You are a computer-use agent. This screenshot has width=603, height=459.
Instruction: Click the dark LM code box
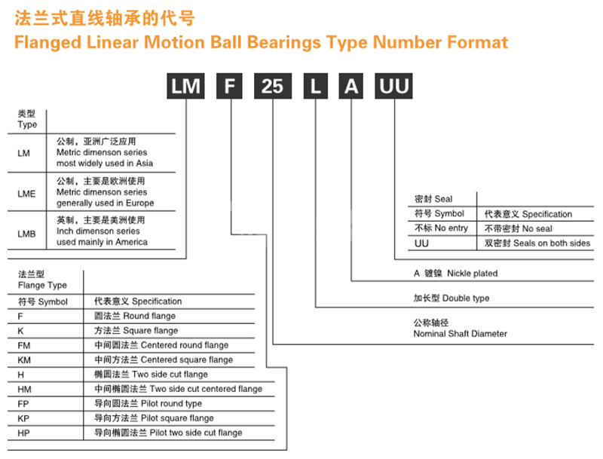[185, 86]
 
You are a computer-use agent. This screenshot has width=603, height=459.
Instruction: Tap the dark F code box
[230, 86]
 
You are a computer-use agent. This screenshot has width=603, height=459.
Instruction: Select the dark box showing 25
[273, 86]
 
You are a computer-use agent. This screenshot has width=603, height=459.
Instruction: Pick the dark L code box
[316, 86]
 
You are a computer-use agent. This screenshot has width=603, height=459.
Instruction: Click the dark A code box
[351, 86]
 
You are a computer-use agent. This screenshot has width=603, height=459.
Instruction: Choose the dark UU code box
[393, 86]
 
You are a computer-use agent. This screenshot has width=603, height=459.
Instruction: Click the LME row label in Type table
[26, 194]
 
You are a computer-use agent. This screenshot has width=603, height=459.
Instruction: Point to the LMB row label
[26, 234]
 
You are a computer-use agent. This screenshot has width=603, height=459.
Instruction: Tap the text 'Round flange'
[149, 316]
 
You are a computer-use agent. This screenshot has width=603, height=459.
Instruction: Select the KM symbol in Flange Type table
[24, 360]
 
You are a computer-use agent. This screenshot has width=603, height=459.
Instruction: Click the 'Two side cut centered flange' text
[206, 389]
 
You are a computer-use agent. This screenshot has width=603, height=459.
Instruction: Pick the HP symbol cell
[24, 433]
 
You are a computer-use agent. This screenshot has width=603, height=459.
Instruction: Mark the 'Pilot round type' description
[172, 404]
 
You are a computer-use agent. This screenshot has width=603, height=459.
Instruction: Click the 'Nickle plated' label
[473, 274]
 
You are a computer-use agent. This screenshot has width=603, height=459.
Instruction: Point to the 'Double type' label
[466, 298]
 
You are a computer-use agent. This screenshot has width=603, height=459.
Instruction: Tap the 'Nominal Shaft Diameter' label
[461, 334]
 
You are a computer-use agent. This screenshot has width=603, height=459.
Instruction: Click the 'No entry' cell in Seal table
[451, 228]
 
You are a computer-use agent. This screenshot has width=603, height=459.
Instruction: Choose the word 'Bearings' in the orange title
[284, 43]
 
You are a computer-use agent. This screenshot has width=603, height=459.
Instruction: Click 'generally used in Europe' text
[106, 203]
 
